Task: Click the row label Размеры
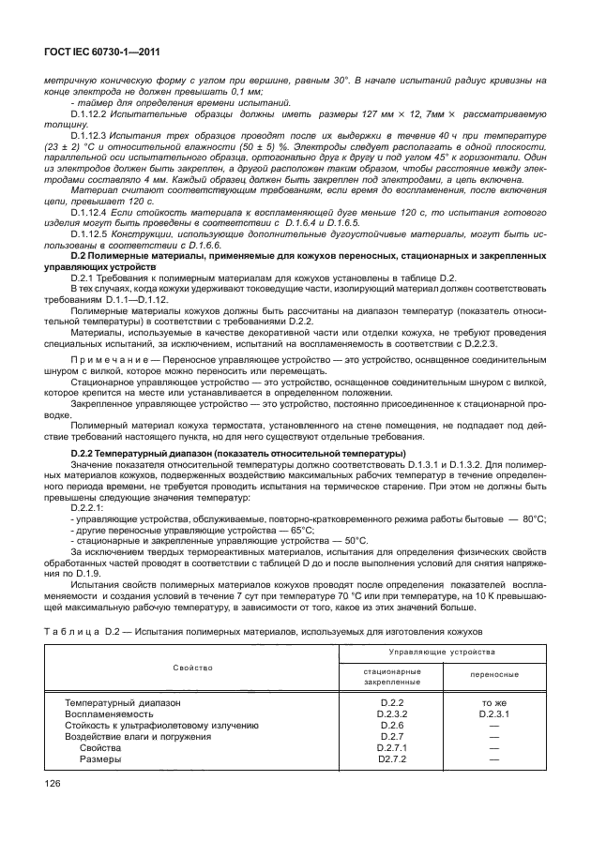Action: (98, 760)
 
